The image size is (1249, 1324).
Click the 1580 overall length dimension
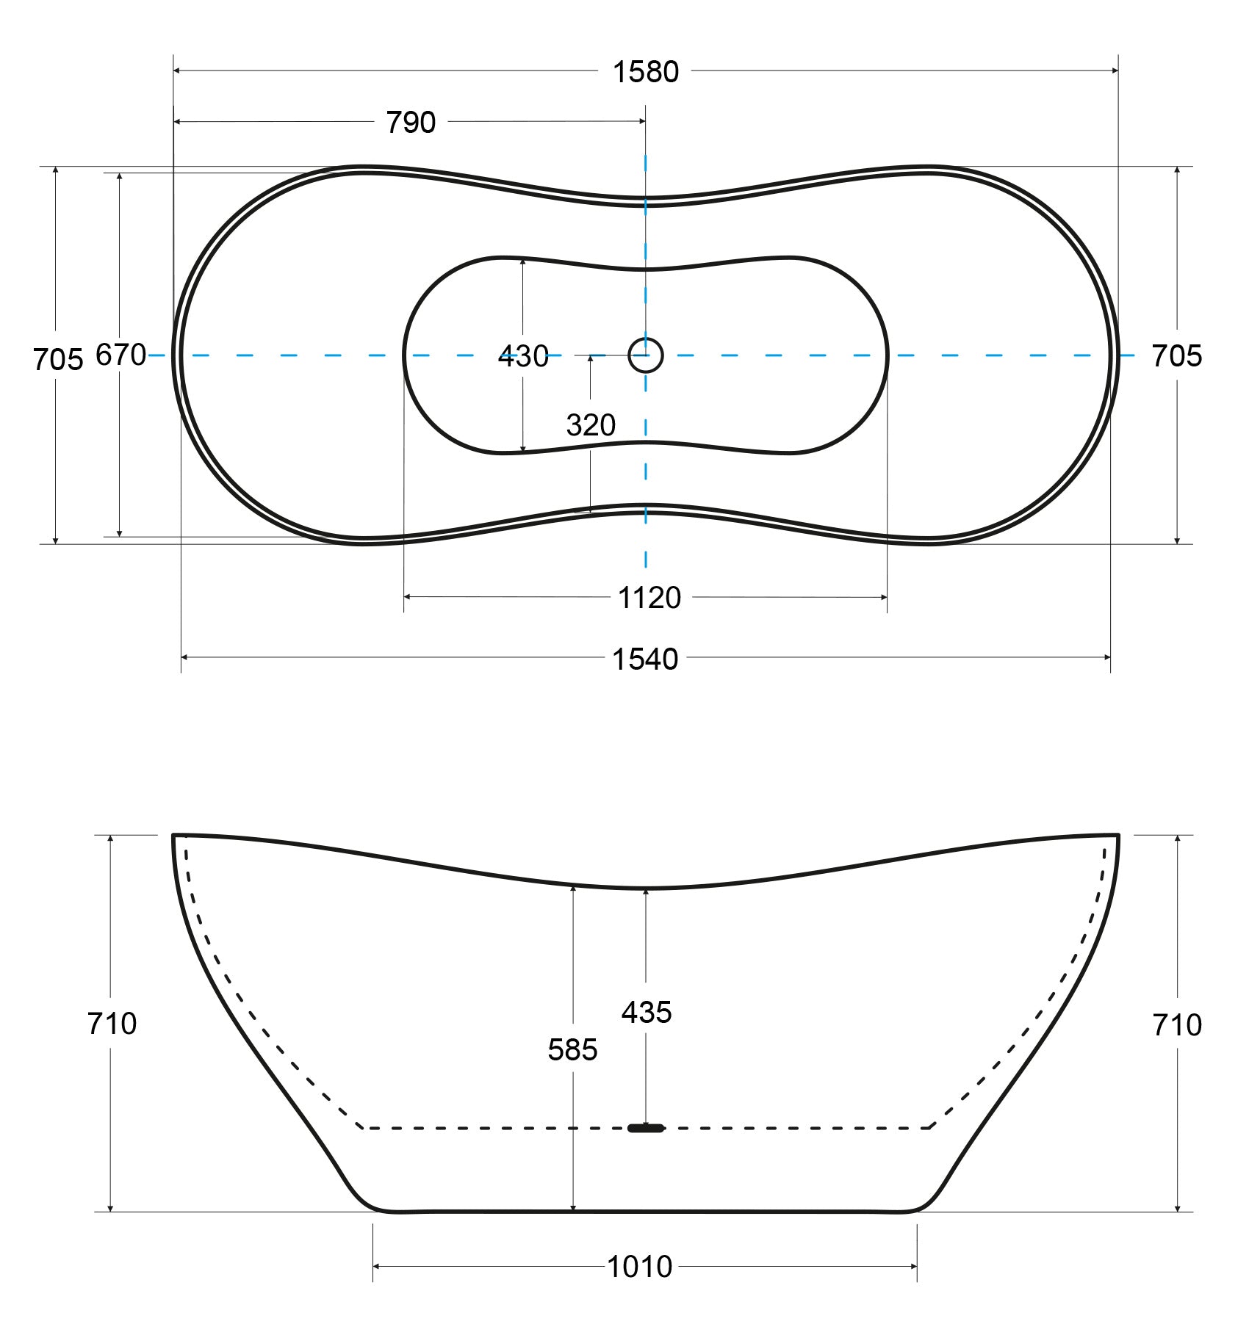[x=646, y=72]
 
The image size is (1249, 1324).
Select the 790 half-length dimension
[x=411, y=123]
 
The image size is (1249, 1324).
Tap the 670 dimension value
[x=121, y=355]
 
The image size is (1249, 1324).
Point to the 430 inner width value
[x=523, y=357]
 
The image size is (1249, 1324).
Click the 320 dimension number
[x=591, y=425]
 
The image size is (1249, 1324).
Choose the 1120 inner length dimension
[x=649, y=598]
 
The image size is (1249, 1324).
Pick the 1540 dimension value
[x=645, y=659]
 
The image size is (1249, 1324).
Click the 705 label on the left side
[x=58, y=360]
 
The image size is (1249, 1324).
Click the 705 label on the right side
[x=1176, y=357]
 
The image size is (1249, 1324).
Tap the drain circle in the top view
[x=646, y=355]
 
